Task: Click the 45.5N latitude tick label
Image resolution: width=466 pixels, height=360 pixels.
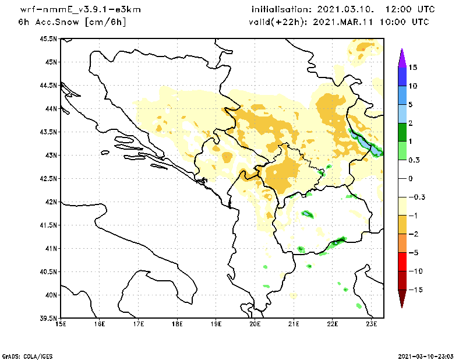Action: (48, 39)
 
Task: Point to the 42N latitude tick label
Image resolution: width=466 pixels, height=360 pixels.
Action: (50, 202)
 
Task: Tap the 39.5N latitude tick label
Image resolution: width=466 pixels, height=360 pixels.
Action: (48, 319)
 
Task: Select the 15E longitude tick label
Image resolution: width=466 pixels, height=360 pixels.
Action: (61, 324)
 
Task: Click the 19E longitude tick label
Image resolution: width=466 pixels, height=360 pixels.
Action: (216, 324)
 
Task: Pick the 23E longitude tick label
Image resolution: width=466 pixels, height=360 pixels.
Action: (372, 324)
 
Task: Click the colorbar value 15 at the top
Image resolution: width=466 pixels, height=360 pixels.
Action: (412, 68)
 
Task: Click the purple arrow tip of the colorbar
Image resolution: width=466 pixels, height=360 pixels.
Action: (402, 55)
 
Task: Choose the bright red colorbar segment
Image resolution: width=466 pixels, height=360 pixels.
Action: (402, 262)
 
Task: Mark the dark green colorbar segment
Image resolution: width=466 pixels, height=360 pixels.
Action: (402, 132)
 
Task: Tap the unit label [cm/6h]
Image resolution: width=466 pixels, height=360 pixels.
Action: (105, 22)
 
